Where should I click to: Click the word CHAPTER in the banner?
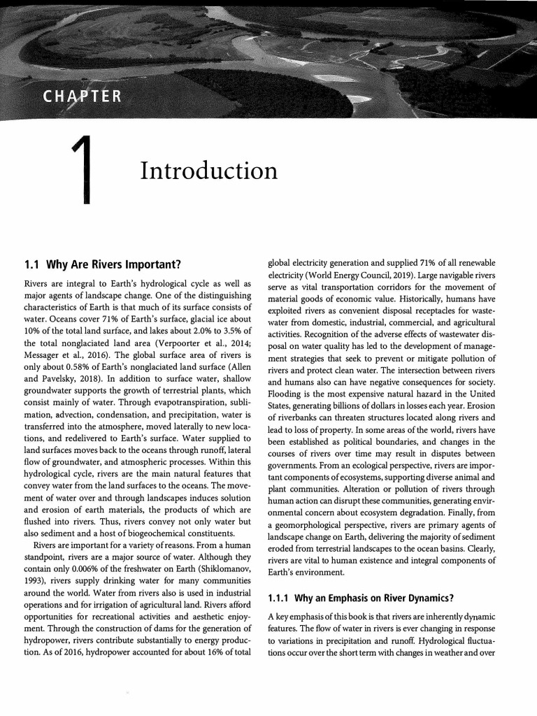click(71, 94)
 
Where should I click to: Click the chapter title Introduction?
click(208, 170)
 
